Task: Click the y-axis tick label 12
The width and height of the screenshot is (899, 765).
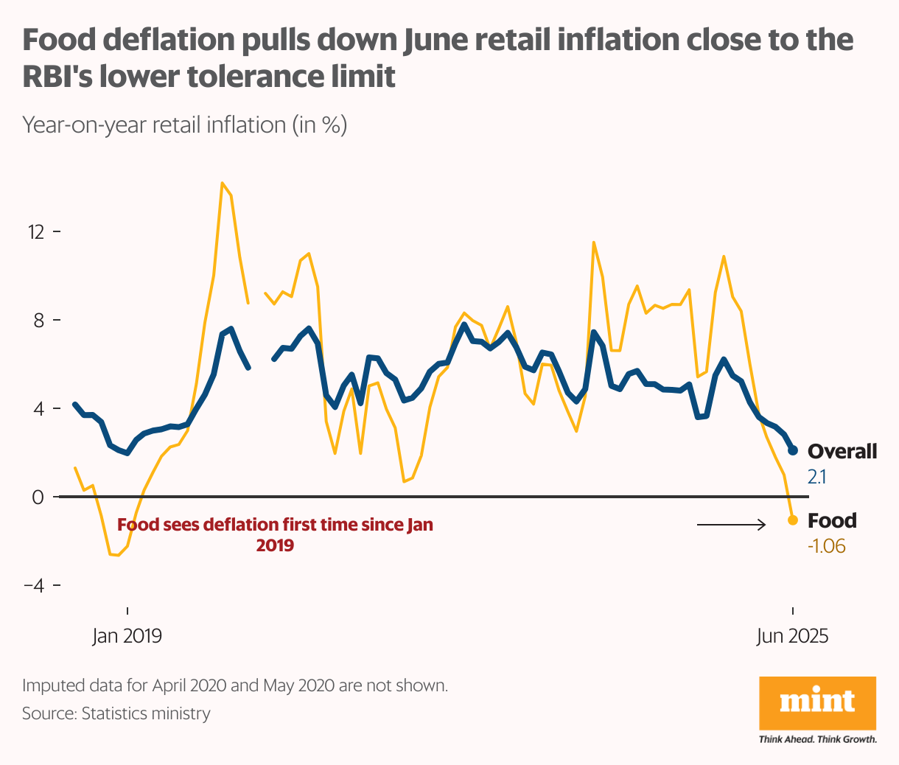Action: pyautogui.click(x=35, y=232)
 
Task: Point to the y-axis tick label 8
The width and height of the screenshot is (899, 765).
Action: pyautogui.click(x=38, y=321)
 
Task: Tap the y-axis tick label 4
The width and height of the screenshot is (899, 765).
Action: pyautogui.click(x=38, y=409)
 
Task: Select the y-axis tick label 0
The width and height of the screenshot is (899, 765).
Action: pyautogui.click(x=38, y=497)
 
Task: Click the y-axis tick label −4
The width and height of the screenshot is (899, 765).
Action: pyautogui.click(x=34, y=586)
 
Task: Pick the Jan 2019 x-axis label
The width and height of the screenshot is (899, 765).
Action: pyautogui.click(x=127, y=636)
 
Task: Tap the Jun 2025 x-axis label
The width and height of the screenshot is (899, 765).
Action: pyautogui.click(x=793, y=636)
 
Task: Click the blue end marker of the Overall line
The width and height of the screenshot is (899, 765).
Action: pyautogui.click(x=793, y=450)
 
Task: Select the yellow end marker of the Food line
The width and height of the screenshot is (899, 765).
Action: pyautogui.click(x=793, y=520)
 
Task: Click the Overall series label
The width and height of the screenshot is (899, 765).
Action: pyautogui.click(x=842, y=451)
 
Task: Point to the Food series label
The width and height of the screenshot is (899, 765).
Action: pyautogui.click(x=832, y=521)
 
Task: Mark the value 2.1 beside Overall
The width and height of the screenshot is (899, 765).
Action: pyautogui.click(x=816, y=477)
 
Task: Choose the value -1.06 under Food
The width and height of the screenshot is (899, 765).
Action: pyautogui.click(x=826, y=547)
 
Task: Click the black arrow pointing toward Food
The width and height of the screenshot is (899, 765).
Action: pyautogui.click(x=731, y=525)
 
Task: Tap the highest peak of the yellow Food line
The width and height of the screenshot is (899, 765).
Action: pyautogui.click(x=222, y=183)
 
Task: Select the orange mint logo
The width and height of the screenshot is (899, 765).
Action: pyautogui.click(x=818, y=703)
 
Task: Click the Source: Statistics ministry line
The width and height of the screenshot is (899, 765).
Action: pyautogui.click(x=116, y=713)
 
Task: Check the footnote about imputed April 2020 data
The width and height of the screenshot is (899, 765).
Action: pyautogui.click(x=235, y=685)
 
